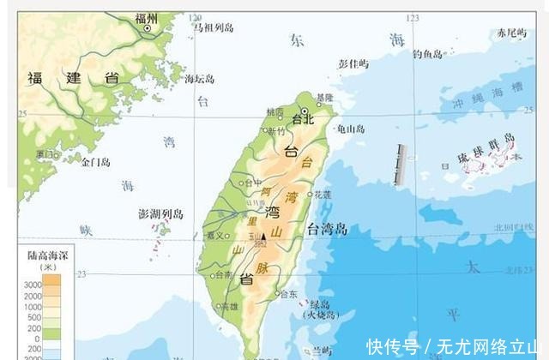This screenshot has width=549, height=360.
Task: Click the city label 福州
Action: [147, 18]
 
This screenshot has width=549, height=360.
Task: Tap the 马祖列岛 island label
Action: [212, 27]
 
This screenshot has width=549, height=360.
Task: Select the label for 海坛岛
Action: [199, 79]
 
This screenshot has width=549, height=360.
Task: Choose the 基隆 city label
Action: [323, 97]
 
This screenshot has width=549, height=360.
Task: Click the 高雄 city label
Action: [230, 305]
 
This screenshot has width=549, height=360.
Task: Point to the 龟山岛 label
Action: [350, 129]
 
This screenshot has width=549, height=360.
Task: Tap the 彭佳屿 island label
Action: [353, 63]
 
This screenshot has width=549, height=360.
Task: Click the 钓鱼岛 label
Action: [427, 54]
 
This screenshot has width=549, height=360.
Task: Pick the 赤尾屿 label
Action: [510, 33]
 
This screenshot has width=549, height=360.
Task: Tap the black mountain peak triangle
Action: [263, 236]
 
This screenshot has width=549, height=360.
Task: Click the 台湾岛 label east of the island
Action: [328, 228]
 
